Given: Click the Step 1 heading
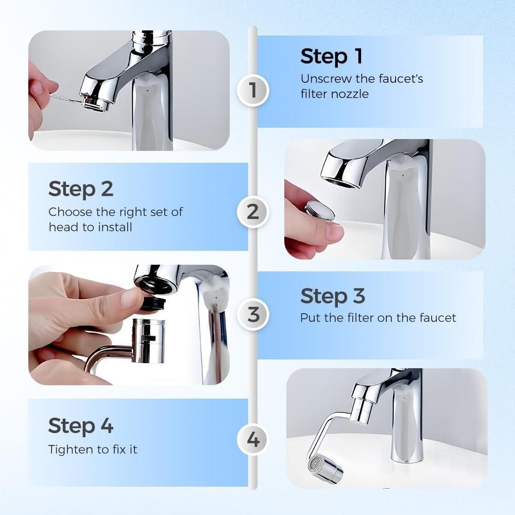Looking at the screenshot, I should tap(331, 56).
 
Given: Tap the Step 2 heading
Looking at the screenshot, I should tap(80, 189).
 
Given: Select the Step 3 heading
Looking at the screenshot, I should tap(332, 296).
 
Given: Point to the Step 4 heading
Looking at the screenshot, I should tap(80, 426).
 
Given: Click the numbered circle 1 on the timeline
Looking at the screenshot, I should tap(252, 90).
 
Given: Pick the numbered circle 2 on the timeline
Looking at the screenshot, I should tap(252, 212).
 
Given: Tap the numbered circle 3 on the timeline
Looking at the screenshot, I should tap(253, 314).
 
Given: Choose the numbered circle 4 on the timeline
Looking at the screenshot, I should tap(253, 440).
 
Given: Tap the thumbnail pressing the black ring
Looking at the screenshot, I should tap(131, 298).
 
